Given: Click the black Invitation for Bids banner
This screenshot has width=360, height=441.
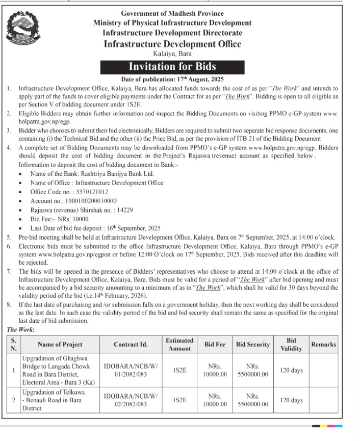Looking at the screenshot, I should (x=172, y=66).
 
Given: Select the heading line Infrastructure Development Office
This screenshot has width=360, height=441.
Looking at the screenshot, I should (x=172, y=44).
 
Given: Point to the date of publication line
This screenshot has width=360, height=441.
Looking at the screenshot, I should (x=172, y=80).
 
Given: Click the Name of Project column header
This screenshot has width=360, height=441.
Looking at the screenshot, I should (x=60, y=345).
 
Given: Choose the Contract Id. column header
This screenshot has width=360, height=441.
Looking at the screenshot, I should (x=131, y=345).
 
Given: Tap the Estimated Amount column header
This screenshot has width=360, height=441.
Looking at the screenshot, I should (x=179, y=345).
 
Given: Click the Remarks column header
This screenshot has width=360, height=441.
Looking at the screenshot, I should (x=323, y=345).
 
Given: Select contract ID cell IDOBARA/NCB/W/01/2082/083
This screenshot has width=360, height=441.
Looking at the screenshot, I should (x=131, y=371).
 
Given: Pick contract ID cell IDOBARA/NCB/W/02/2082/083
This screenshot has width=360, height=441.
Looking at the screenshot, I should (x=131, y=400).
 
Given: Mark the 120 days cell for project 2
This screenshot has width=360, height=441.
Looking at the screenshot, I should (x=291, y=400).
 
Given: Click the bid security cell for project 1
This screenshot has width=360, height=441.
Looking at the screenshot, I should (x=252, y=371).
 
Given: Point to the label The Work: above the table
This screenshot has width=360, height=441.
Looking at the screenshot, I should (x=20, y=330).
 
